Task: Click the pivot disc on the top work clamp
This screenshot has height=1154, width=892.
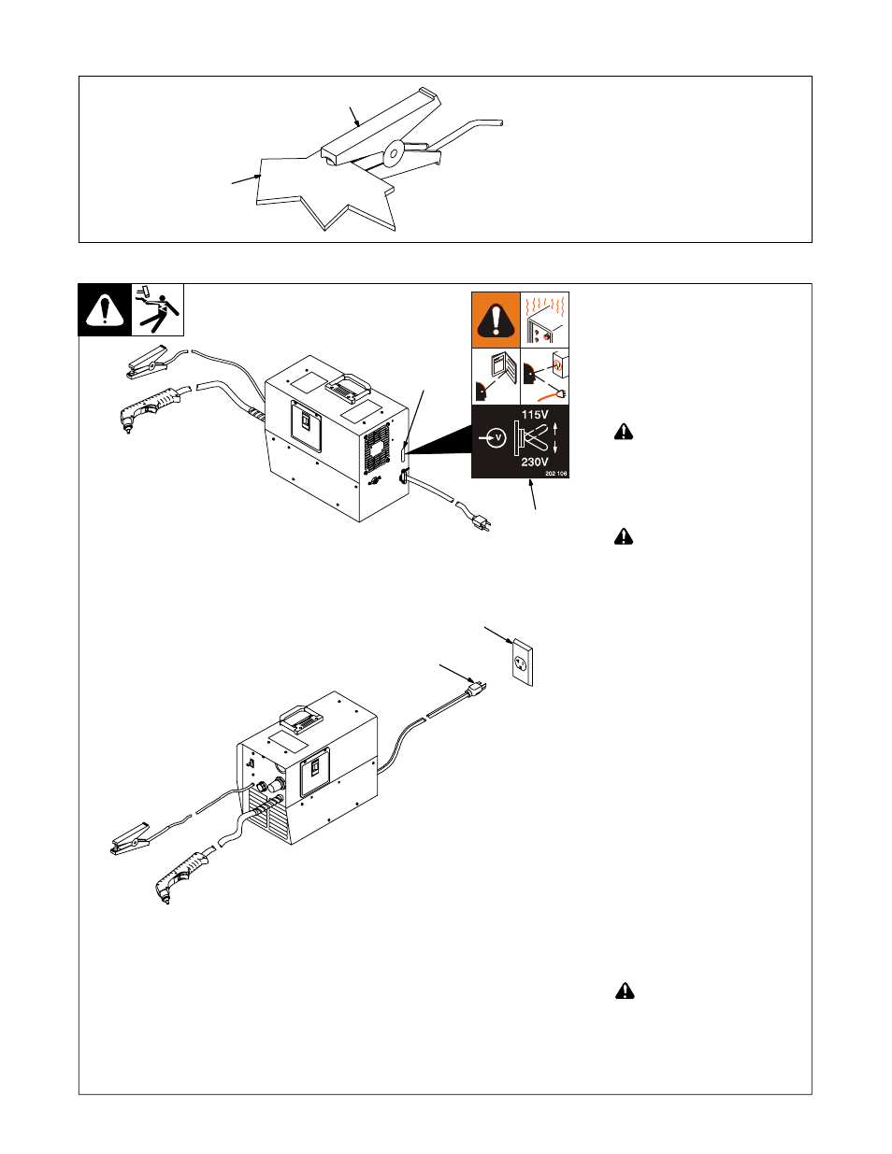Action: point(395,151)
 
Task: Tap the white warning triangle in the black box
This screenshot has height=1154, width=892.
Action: point(105,310)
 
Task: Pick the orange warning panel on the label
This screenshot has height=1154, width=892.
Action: point(496,320)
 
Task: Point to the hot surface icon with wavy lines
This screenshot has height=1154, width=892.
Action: point(544,320)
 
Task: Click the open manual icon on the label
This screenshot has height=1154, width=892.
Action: point(496,376)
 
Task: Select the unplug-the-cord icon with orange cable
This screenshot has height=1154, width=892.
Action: point(545,376)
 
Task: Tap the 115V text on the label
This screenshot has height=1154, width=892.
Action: point(535,414)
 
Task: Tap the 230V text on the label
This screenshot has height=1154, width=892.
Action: point(535,462)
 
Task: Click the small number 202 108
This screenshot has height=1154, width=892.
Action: point(555,474)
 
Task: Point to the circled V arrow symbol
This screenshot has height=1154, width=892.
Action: point(495,437)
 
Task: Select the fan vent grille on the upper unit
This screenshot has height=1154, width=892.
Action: point(376,449)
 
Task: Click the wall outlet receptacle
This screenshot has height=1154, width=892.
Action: point(522,663)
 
